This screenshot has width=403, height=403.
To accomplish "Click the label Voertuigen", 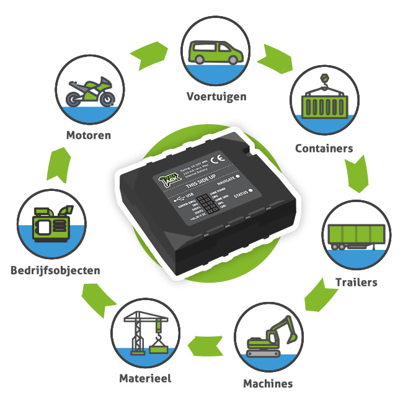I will tap(216, 97).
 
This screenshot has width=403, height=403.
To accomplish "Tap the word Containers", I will tap(324, 148).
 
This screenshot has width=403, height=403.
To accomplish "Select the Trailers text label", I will tap(356, 283).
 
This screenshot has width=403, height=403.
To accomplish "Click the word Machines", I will tap(268, 383).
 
